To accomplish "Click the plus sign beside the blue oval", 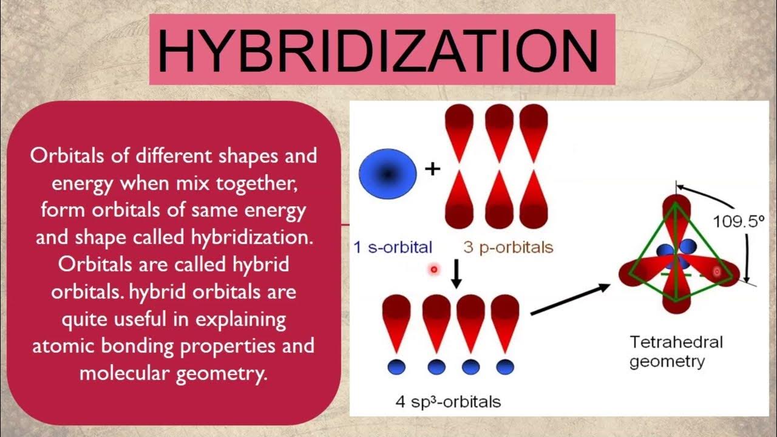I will pos(432,169).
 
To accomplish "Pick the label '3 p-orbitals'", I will pos(508,247).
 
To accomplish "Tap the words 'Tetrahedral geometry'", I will pos(676,351).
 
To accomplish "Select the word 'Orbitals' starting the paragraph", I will pos(70,156).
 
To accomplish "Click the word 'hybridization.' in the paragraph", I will pos(254,237).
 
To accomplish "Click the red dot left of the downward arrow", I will pos(433,269).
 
